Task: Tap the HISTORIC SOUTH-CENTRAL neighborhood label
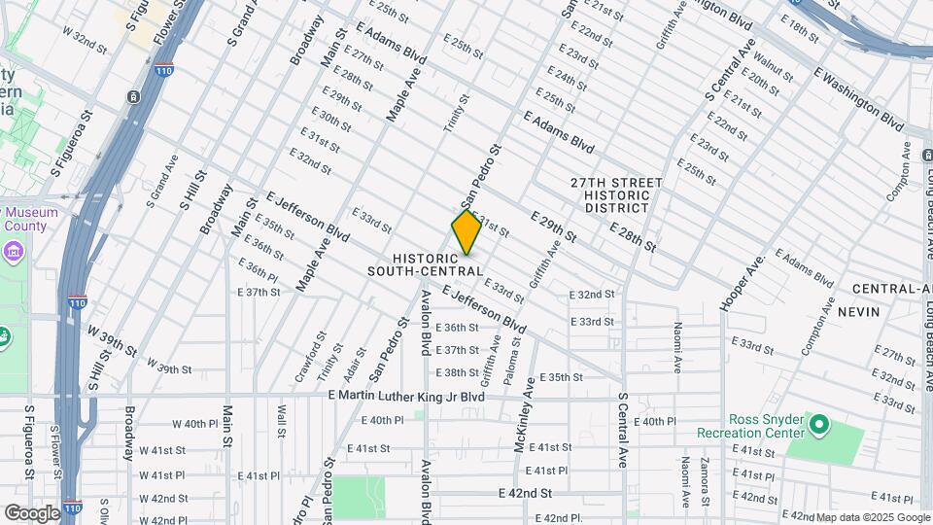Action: point(426,263)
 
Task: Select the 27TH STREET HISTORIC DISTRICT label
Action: point(616,195)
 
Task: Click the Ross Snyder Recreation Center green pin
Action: point(818,425)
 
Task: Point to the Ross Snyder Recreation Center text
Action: point(751,425)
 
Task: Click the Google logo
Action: point(32,512)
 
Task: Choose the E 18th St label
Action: point(801,30)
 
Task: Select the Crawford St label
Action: point(317,357)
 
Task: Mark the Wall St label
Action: point(282,422)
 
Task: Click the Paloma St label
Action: point(515,354)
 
